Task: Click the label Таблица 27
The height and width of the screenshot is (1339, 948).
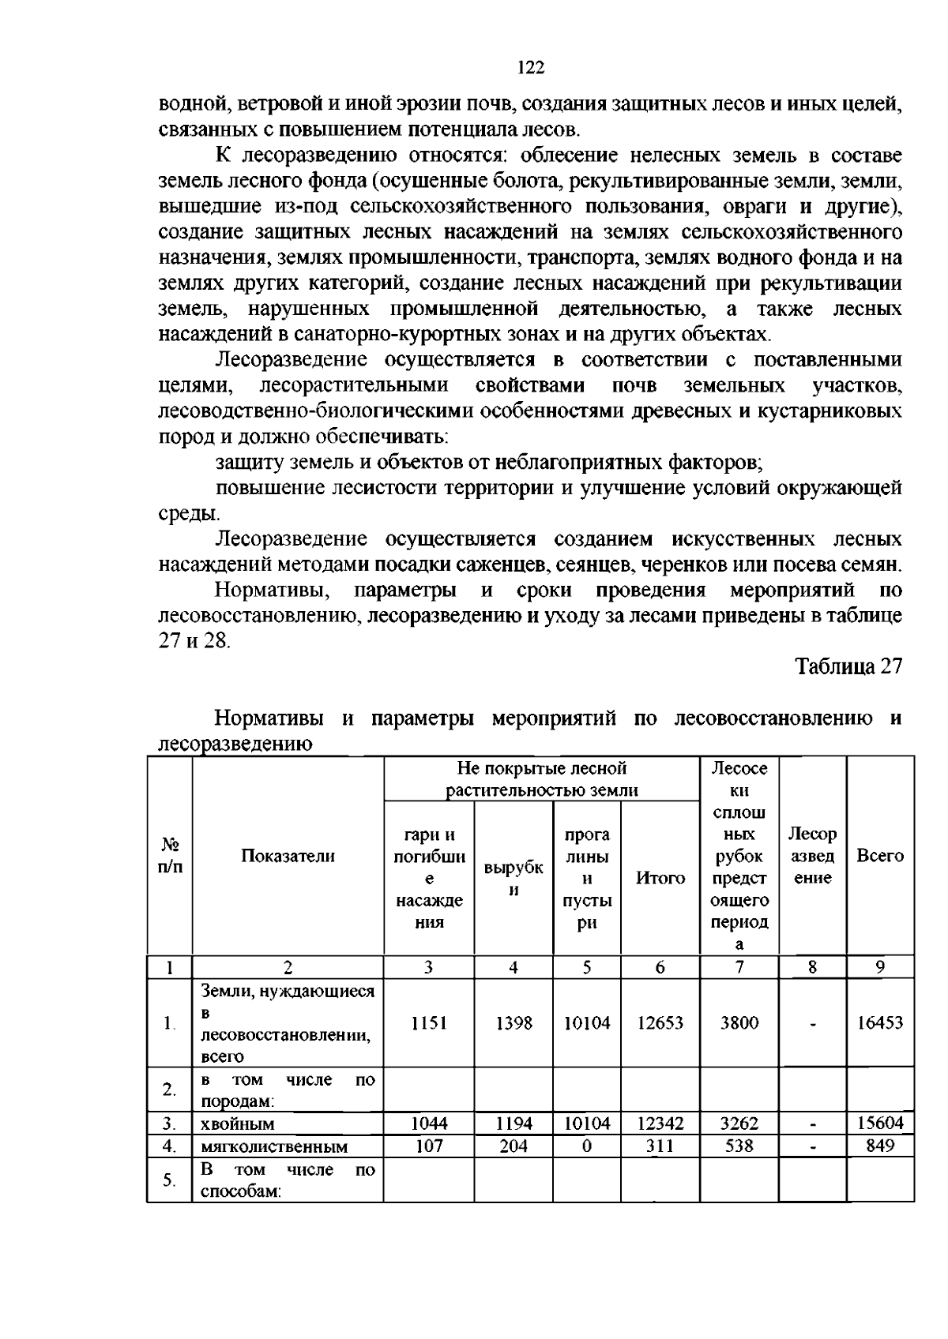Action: point(848,666)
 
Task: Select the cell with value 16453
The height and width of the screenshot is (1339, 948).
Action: point(880,1022)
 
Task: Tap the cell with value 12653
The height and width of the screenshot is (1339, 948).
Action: point(660,1022)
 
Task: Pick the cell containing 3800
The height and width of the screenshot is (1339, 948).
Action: point(739,1022)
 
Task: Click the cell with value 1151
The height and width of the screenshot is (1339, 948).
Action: point(429,1022)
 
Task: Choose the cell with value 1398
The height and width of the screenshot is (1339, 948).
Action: point(513,1022)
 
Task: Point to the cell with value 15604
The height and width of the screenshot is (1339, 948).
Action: point(880,1123)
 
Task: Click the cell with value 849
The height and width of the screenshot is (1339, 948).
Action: point(880,1145)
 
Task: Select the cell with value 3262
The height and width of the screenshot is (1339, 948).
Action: point(739,1123)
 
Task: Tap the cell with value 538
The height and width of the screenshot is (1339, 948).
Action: point(739,1145)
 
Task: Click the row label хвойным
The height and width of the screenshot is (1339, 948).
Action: point(238,1123)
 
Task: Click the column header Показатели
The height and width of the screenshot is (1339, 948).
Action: point(288,856)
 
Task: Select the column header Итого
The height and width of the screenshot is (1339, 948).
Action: point(660,877)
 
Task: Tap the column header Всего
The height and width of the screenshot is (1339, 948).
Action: point(880,856)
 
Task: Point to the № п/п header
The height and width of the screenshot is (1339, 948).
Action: point(169,856)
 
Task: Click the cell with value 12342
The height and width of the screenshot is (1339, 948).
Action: point(660,1123)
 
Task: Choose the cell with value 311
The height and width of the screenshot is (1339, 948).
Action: point(660,1145)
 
